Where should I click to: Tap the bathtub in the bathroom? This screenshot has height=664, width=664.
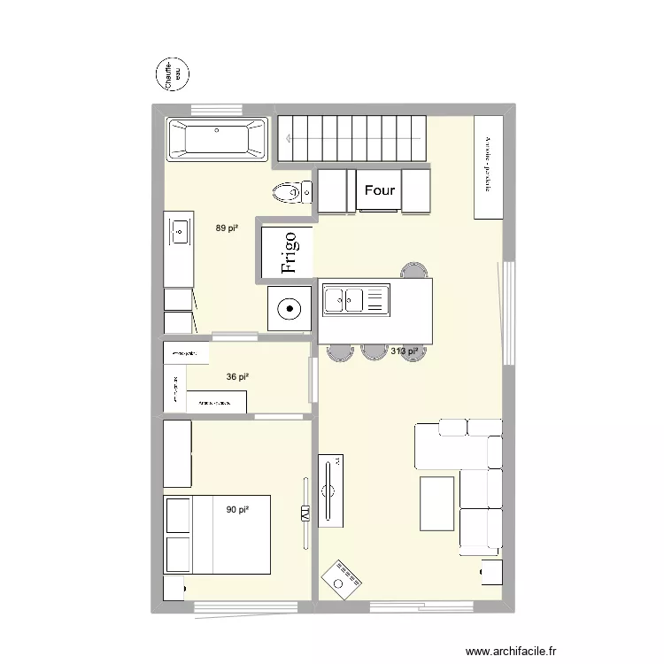(217, 139)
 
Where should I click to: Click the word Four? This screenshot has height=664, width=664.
(380, 190)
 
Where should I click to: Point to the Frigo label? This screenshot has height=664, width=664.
(290, 251)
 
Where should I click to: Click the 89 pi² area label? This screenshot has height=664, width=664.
(227, 228)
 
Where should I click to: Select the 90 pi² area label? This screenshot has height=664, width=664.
(236, 510)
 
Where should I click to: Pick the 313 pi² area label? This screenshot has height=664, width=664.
(403, 351)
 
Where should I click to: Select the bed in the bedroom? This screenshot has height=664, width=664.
(216, 534)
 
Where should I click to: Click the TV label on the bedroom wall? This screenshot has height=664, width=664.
(304, 513)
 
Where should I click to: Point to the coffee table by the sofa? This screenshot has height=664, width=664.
(436, 503)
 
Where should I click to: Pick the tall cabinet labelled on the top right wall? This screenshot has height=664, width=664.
(488, 166)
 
